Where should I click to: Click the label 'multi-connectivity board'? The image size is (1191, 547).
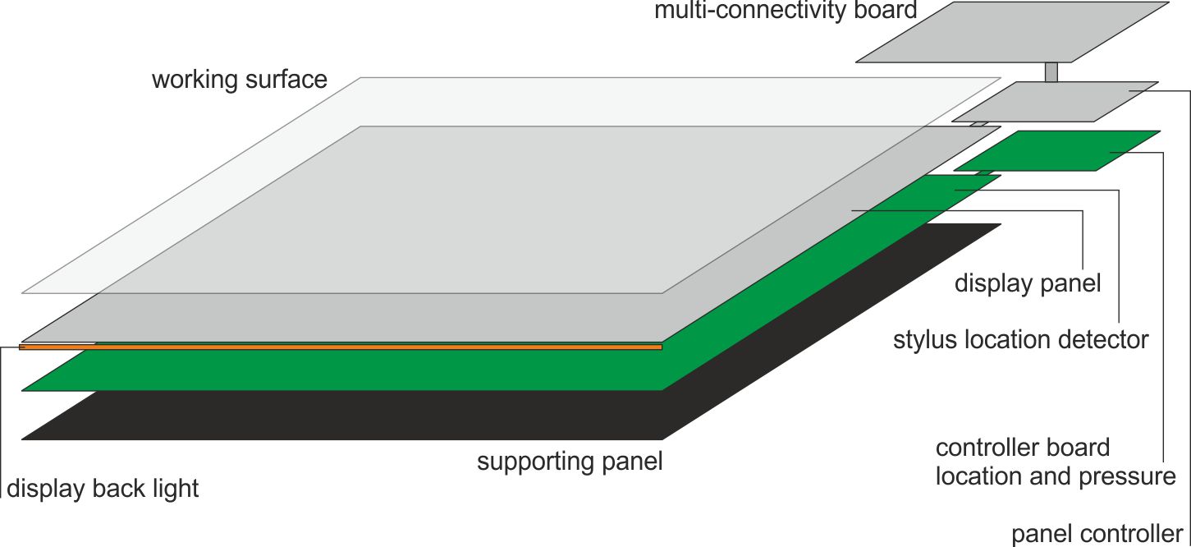[x=785, y=11]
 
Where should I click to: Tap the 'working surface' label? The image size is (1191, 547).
[x=239, y=80]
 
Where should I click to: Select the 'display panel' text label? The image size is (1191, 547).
[x=1027, y=284]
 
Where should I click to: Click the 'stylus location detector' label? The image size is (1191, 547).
[x=1020, y=339]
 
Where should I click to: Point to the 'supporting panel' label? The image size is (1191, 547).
[x=569, y=462]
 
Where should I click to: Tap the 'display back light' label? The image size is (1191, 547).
[x=103, y=489]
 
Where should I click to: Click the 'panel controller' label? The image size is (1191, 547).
[x=1097, y=534]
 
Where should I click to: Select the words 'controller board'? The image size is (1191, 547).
[x=1022, y=448]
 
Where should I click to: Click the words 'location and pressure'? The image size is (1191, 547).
[x=1056, y=476]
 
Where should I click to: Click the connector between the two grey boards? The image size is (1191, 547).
[x=1051, y=72]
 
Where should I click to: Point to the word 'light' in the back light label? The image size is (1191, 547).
[x=176, y=489]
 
